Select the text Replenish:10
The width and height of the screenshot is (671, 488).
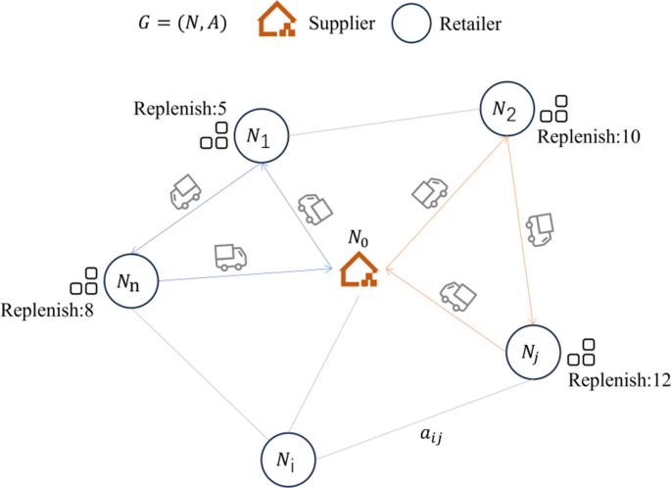pos(597,136)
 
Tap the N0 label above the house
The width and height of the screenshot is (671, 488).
pos(362,238)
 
